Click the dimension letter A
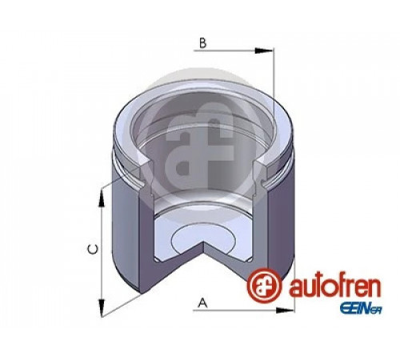203,303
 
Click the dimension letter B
203,43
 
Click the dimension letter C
93,250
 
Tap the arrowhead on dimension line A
285,310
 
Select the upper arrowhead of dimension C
102,198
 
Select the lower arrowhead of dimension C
102,307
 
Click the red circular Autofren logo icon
264,286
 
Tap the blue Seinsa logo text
361,310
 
